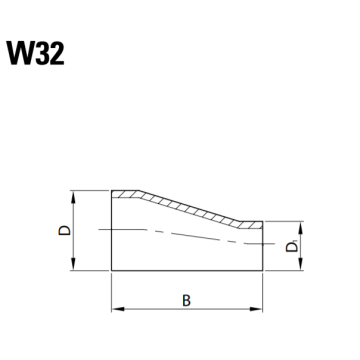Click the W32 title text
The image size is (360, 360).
(x=35, y=53)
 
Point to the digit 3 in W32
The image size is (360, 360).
(x=43, y=53)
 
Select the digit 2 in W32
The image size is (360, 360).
(x=57, y=53)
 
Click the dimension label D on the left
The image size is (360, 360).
(x=65, y=230)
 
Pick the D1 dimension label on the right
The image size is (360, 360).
(x=292, y=247)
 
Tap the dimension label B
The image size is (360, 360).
(x=186, y=300)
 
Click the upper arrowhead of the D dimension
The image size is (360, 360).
(x=74, y=196)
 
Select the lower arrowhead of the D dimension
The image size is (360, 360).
(x=74, y=264)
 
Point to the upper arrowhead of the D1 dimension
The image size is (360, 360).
(x=301, y=227)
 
